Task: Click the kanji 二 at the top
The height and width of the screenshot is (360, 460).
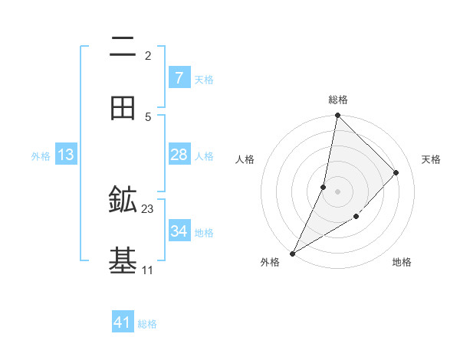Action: tap(123, 48)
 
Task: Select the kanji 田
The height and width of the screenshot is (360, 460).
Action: tap(123, 108)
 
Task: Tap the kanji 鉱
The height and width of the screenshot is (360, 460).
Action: tap(123, 201)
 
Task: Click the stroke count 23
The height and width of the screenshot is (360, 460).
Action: tap(148, 208)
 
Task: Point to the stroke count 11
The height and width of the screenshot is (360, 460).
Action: tap(148, 270)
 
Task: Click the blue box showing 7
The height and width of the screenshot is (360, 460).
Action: tap(179, 78)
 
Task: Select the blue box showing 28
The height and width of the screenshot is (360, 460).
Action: tap(179, 155)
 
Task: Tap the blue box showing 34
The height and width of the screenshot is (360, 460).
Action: tap(179, 231)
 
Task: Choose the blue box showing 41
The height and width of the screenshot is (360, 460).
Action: tap(123, 322)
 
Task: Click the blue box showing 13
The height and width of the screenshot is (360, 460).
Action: tap(66, 155)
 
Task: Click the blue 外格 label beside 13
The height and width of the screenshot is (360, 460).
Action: tap(41, 156)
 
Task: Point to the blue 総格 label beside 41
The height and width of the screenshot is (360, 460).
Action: tap(147, 324)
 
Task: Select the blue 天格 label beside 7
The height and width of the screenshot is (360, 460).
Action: tap(203, 80)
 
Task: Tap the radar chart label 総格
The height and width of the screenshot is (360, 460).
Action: tap(337, 100)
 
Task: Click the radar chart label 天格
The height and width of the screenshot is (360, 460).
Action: tap(432, 159)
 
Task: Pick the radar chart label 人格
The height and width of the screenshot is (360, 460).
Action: tap(245, 159)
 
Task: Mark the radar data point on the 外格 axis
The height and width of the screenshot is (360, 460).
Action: tap(292, 253)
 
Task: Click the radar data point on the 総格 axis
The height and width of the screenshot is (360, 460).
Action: tap(337, 115)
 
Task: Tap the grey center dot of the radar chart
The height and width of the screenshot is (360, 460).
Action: tap(337, 191)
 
